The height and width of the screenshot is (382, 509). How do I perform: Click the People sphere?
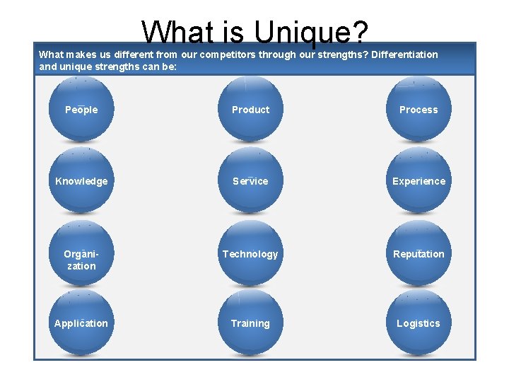click(81, 110)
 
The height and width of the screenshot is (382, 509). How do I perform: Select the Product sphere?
click(250, 110)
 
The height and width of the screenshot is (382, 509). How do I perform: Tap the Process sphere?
click(419, 110)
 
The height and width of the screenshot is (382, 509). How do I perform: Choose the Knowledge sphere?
click(81, 181)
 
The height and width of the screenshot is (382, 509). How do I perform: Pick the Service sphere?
click(250, 181)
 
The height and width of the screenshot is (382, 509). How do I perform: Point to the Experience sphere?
click(419, 181)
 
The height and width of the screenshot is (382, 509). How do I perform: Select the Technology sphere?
click(250, 254)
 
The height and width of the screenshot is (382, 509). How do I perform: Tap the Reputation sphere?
click(419, 254)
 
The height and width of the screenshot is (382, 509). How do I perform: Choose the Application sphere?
click(81, 323)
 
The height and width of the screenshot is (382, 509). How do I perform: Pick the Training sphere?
click(250, 323)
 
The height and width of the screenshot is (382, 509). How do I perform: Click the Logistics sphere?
click(419, 323)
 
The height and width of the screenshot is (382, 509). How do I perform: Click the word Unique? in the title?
click(311, 32)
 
